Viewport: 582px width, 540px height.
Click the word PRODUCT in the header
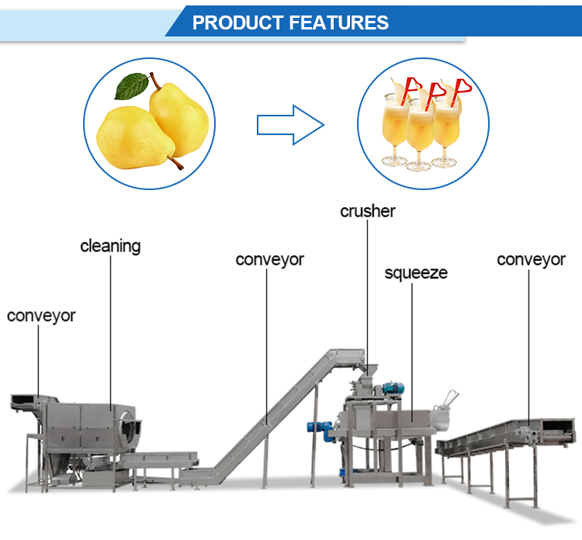237,22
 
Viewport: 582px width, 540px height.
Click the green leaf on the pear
132,86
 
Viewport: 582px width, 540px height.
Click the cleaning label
110,246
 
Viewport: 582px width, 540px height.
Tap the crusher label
367,210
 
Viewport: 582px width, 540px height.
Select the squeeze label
416,273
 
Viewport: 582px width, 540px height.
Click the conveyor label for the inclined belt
269,259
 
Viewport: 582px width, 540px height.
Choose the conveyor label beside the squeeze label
531,259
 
